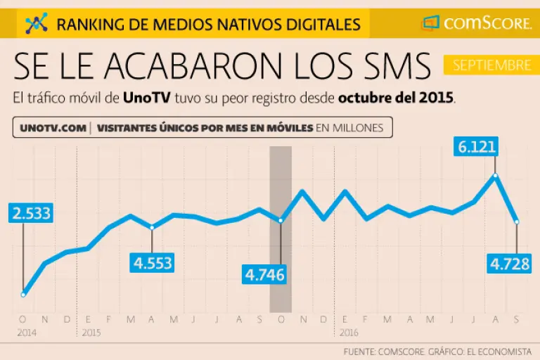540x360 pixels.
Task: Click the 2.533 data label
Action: [30, 213]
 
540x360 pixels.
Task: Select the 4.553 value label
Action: [153, 263]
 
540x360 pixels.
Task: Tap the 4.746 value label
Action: [265, 274]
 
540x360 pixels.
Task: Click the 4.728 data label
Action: [510, 265]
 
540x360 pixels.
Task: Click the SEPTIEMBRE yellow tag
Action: [491, 65]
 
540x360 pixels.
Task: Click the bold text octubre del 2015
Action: [396, 98]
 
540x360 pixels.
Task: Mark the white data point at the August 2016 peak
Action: [496, 176]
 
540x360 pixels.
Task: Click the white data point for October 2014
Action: [23, 294]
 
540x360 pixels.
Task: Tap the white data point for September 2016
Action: [517, 221]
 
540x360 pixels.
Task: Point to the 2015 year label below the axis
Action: [91, 331]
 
